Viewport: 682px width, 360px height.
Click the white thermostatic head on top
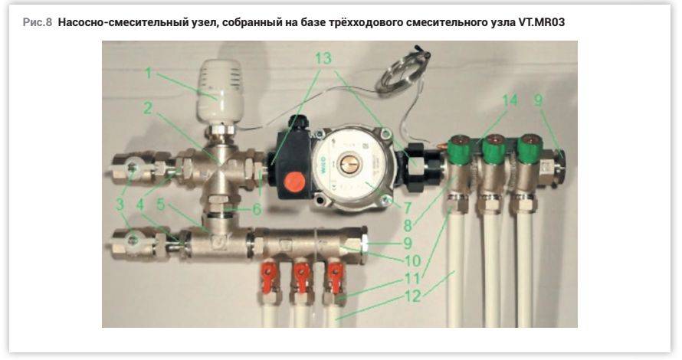pyautogui.click(x=220, y=91)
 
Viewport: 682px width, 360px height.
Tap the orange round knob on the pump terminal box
pyautogui.click(x=294, y=181)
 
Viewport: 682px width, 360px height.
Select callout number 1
pyautogui.click(x=149, y=73)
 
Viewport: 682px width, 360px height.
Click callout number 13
pyautogui.click(x=323, y=57)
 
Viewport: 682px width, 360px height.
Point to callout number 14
pyautogui.click(x=510, y=100)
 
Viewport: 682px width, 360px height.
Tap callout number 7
pyautogui.click(x=408, y=208)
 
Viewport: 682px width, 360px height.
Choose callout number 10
pyautogui.click(x=412, y=260)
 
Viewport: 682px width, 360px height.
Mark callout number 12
pyautogui.click(x=412, y=296)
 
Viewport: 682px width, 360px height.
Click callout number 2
pyautogui.click(x=149, y=108)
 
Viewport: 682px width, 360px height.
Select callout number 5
pyautogui.click(x=161, y=205)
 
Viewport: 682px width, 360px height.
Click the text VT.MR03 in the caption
pyautogui.click(x=542, y=22)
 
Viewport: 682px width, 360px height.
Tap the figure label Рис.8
pyautogui.click(x=38, y=22)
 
